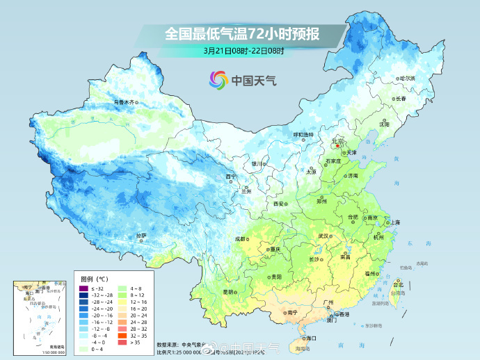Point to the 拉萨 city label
click(x=142, y=236)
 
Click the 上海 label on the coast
click(x=394, y=222)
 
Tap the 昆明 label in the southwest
click(x=228, y=292)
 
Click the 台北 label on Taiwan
click(x=398, y=284)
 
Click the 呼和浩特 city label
click(x=302, y=134)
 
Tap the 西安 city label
click(x=279, y=204)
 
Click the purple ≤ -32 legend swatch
click(x=83, y=288)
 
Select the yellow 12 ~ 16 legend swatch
click(x=123, y=302)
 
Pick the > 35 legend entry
click(x=123, y=342)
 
